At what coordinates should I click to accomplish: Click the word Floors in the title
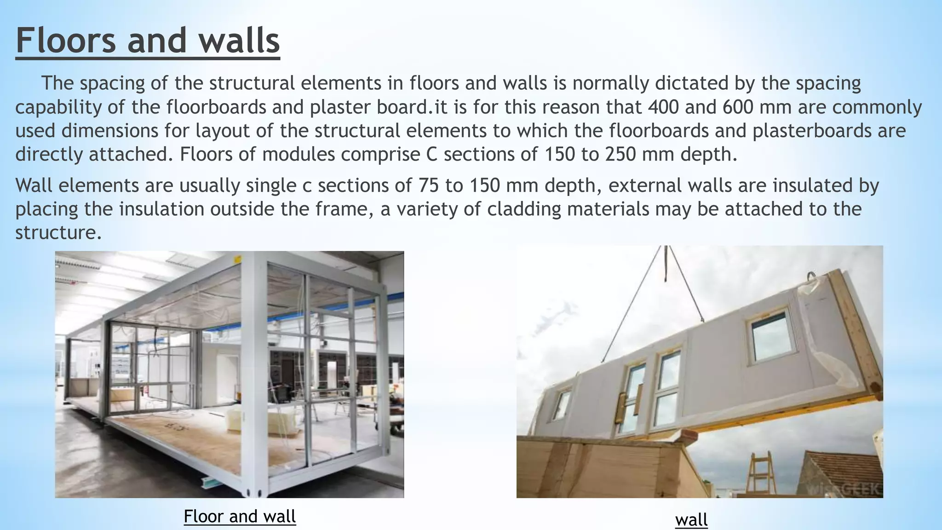coord(66,40)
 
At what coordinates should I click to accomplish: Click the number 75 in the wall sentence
coord(429,185)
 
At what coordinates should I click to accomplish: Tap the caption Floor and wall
coord(240,516)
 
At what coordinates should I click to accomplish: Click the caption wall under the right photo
coord(691,520)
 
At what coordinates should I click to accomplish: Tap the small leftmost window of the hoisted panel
coord(562,404)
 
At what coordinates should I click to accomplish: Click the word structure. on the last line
coord(58,232)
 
